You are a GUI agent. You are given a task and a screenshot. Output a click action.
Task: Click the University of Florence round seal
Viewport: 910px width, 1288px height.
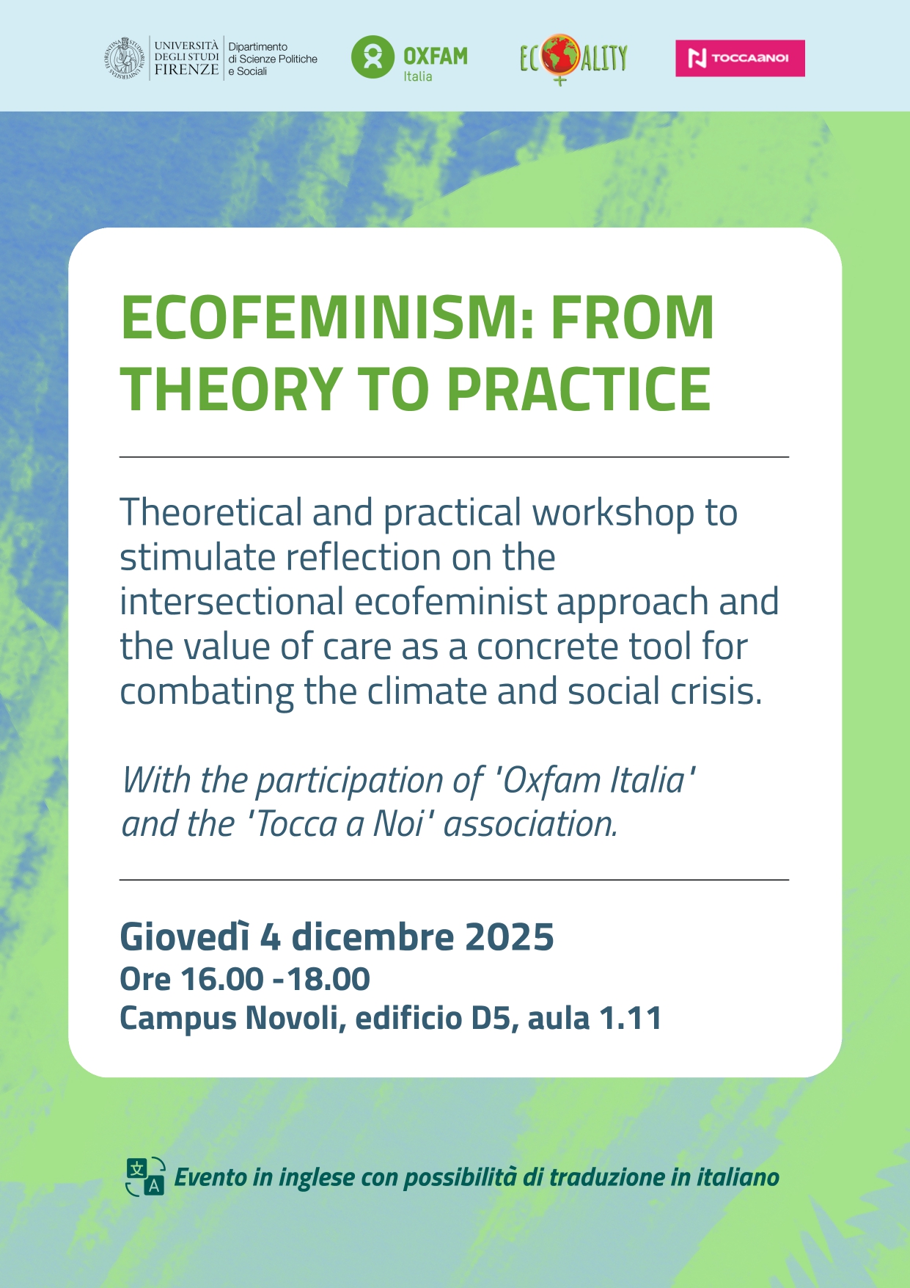(124, 57)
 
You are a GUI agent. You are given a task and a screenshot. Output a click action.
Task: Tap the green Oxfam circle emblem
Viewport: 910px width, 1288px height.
(373, 57)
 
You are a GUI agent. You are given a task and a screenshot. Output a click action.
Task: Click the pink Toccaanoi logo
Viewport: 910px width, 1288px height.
(740, 58)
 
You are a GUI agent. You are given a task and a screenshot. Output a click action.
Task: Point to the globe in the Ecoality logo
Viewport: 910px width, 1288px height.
(561, 56)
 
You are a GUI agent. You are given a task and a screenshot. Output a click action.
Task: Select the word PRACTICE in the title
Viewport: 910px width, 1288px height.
(579, 389)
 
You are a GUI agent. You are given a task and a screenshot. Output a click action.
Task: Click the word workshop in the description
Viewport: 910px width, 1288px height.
(613, 514)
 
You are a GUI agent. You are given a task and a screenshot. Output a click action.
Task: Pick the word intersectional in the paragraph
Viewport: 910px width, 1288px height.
(232, 602)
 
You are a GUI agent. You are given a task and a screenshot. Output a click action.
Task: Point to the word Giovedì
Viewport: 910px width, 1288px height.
(185, 937)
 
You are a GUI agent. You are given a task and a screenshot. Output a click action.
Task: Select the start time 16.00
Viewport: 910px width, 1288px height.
(222, 979)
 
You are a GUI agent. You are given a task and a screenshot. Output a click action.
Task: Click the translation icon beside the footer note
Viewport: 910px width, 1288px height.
(144, 1177)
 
